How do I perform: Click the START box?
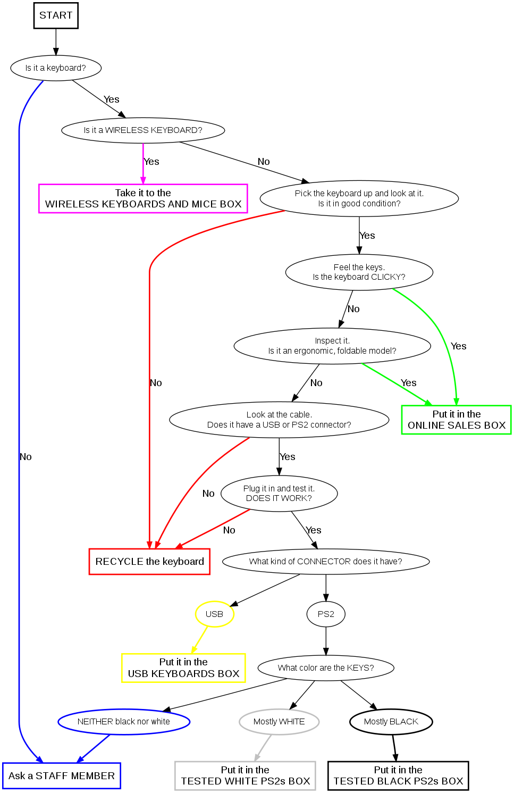(56, 15)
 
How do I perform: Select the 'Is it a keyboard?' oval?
(56, 68)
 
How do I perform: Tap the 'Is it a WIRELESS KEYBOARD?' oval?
(143, 130)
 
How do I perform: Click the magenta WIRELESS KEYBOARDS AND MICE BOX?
(143, 198)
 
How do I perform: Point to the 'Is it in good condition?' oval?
(359, 198)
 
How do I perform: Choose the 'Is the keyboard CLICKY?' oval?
(359, 272)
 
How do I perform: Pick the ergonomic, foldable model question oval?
(332, 346)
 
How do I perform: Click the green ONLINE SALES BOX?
(456, 420)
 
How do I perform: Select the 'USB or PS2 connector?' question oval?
(279, 420)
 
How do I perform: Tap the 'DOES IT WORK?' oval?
(279, 494)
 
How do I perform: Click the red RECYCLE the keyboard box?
(149, 562)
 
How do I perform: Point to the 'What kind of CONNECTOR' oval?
(326, 562)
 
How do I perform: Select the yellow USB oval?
(214, 614)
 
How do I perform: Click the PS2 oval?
(326, 614)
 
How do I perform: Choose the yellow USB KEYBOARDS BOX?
(183, 668)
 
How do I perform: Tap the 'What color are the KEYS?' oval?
(326, 668)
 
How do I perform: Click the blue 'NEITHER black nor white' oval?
(124, 722)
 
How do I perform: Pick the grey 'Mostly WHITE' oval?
(279, 722)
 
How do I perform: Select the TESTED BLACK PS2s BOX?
(398, 775)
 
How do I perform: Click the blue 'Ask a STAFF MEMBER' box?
(62, 776)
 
